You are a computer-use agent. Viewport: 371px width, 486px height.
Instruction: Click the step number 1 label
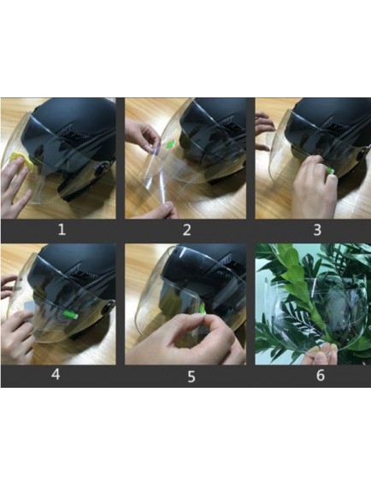coord(62,230)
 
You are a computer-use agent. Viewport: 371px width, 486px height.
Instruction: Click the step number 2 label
coord(186,230)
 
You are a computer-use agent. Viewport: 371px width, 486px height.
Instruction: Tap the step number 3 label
coord(317,230)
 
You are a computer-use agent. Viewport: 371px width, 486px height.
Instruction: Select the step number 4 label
coord(56,374)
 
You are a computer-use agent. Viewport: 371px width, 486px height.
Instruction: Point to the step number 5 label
coord(191,377)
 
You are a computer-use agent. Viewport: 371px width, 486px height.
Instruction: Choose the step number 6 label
coord(321,375)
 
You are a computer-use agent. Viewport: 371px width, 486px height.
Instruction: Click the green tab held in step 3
coord(331,171)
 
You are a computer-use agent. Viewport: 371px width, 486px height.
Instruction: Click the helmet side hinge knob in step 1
coord(101,169)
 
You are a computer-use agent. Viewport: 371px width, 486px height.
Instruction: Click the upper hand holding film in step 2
coord(144,137)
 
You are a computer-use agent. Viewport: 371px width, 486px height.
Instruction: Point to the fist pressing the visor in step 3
coord(314,186)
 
